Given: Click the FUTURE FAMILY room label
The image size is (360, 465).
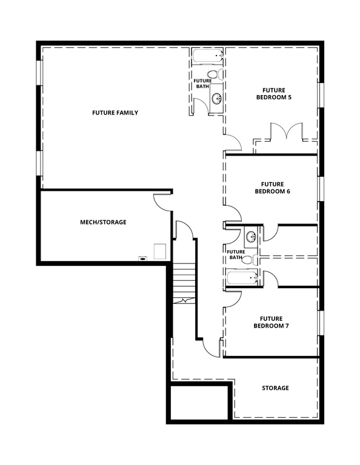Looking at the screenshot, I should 115,113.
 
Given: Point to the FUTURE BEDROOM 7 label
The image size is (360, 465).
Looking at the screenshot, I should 271,322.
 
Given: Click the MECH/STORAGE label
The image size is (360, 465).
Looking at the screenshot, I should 103,222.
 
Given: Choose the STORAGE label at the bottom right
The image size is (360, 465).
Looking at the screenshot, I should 275,388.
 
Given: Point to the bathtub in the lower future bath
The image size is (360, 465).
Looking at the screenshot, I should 243,279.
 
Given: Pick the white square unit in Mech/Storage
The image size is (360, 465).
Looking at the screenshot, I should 160,251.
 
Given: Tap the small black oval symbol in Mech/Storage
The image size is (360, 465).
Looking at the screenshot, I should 143,259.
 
